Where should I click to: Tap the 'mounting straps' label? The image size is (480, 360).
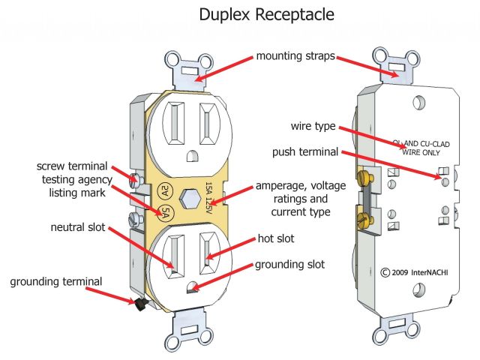click(x=295, y=56)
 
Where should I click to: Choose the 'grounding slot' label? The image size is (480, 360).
click(x=289, y=264)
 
